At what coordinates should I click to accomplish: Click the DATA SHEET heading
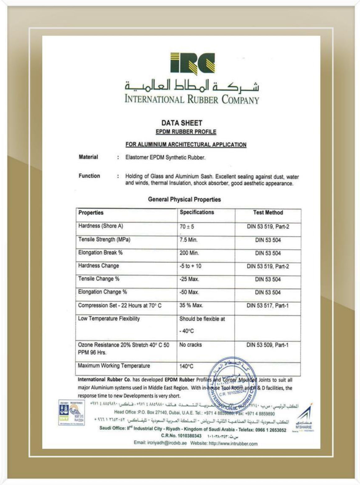coord(182,123)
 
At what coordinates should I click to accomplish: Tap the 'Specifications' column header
coord(197,213)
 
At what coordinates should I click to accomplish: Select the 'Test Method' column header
coord(268,213)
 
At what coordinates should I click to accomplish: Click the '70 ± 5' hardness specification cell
coord(187,227)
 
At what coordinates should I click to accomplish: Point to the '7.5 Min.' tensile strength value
coord(188,240)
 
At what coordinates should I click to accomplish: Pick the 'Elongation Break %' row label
coord(100,253)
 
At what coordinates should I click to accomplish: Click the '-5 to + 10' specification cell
coord(190,266)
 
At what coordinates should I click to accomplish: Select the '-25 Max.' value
coord(189,279)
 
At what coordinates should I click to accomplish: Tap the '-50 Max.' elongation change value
coord(189,292)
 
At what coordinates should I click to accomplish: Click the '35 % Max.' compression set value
coord(191,305)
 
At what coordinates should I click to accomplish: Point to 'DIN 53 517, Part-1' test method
coord(267,306)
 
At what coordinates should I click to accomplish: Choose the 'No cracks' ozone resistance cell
coord(190,345)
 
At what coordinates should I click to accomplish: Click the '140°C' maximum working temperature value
coord(186,366)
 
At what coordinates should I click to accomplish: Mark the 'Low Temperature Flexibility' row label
coord(109,319)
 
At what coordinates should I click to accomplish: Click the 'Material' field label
coord(88,157)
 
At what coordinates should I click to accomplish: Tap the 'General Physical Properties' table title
coord(184,199)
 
